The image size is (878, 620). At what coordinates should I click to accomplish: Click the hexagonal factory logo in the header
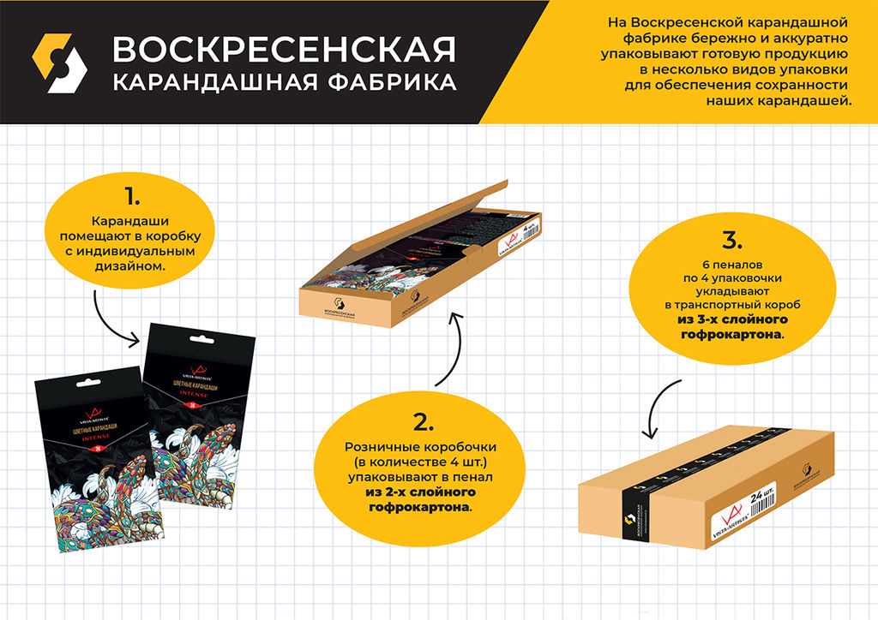click(59, 63)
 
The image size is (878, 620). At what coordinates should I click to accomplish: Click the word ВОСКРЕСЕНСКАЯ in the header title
click(284, 50)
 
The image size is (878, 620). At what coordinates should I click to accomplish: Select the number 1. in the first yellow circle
click(132, 196)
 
